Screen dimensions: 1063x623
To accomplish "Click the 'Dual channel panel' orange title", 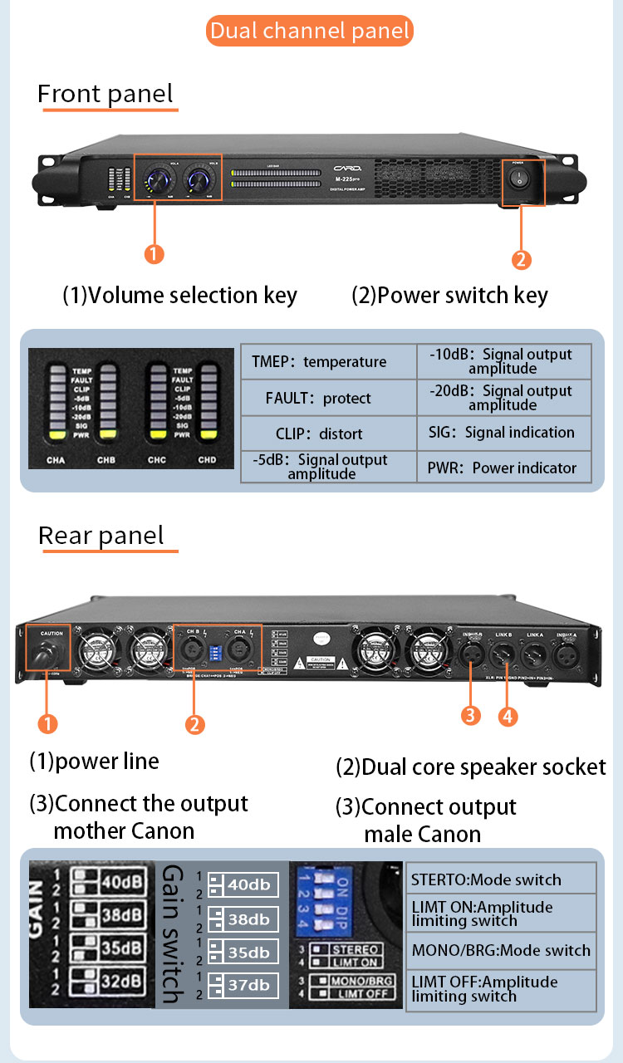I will [310, 32].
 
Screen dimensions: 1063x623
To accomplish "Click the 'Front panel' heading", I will [105, 94].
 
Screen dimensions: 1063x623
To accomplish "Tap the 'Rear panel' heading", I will [101, 536].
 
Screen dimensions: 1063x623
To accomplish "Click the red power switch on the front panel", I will [521, 179].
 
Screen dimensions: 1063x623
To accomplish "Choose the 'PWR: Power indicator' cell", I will [502, 468].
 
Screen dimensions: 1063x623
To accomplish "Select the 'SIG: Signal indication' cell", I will [502, 432].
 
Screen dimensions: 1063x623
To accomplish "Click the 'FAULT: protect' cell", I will [318, 398].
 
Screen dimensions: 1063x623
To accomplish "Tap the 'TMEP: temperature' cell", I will [319, 361].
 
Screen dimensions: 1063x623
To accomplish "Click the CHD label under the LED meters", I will [207, 460].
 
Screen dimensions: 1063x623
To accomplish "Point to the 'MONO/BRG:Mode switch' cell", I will [501, 950].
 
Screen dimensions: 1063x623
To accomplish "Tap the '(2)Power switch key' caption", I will [449, 296].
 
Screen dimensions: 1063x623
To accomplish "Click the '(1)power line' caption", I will [94, 761].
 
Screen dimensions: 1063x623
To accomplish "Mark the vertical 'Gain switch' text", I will [173, 934].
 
